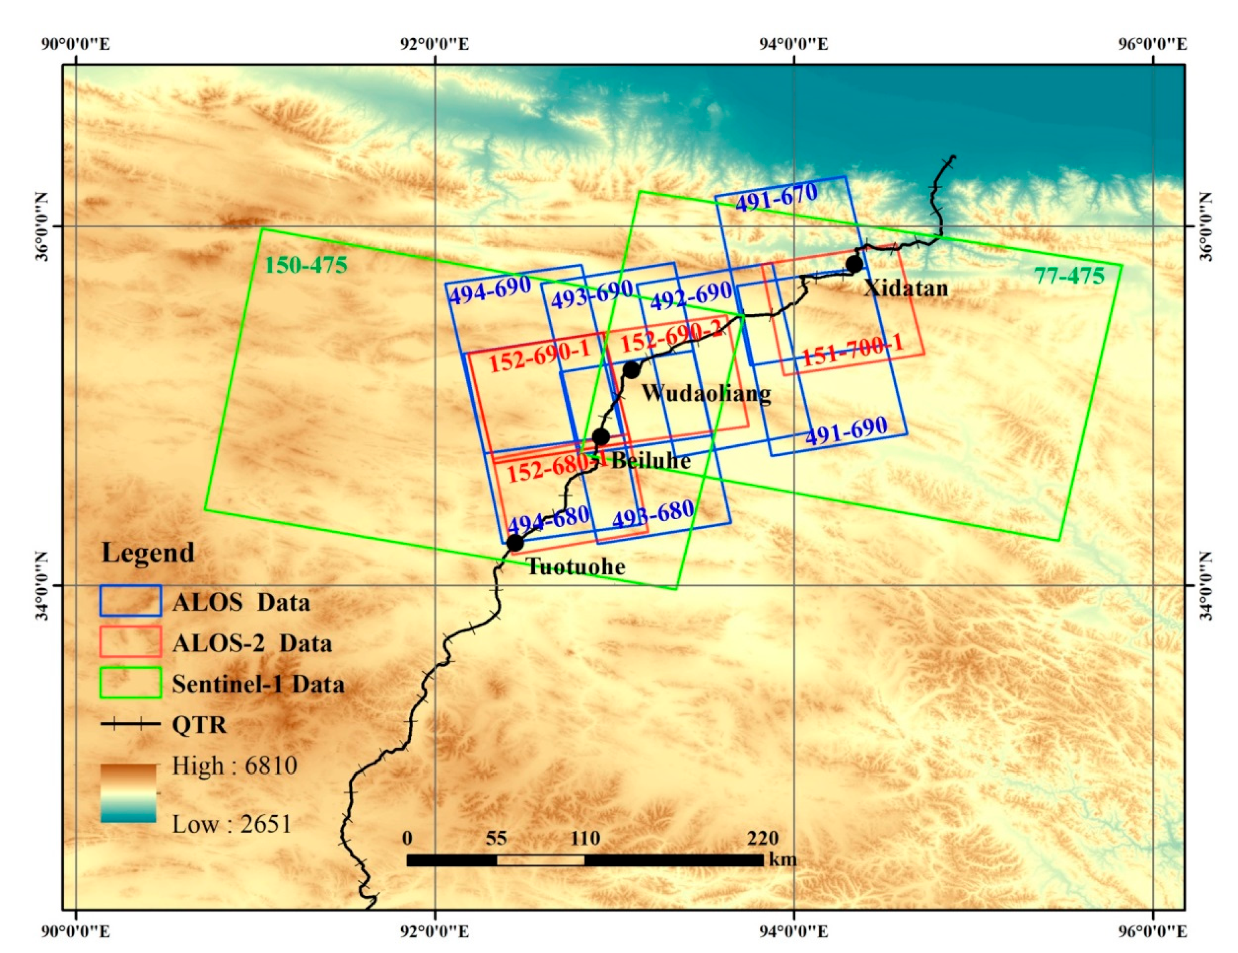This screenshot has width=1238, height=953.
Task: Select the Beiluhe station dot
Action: (x=601, y=437)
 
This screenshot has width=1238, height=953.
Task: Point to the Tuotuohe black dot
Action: (x=515, y=542)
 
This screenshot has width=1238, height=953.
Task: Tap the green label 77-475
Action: (x=1069, y=276)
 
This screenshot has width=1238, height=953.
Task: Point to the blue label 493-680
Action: (x=653, y=515)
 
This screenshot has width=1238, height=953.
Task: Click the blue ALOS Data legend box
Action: (x=130, y=601)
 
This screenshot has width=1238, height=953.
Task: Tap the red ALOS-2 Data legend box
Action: (x=130, y=642)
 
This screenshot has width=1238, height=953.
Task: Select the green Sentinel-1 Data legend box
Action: (x=130, y=683)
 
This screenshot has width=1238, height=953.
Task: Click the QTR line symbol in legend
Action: (x=130, y=724)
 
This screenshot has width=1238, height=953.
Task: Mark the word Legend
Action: (x=148, y=552)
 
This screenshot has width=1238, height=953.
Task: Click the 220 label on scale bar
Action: (x=763, y=838)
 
